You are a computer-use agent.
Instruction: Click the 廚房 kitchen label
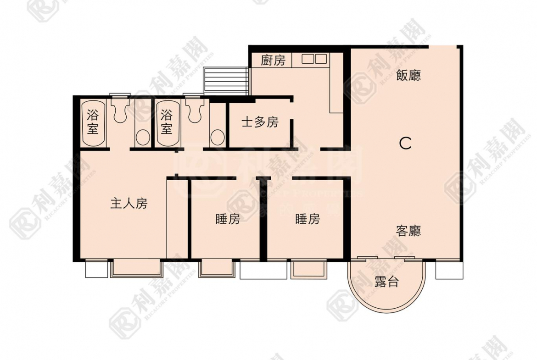273,61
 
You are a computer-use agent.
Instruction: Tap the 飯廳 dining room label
408,75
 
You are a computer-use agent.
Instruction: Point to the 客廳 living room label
408,231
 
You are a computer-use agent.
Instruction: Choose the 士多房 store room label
260,122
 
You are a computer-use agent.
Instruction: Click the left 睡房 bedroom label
228,219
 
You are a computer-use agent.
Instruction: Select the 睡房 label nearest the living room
308,219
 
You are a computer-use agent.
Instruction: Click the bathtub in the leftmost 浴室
93,122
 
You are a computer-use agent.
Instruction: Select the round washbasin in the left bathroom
143,138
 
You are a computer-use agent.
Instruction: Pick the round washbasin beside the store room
218,138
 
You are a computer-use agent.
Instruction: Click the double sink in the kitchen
314,59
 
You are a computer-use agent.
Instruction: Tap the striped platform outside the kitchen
226,80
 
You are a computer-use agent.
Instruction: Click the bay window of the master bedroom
137,268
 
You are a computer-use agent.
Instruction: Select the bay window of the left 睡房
217,268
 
